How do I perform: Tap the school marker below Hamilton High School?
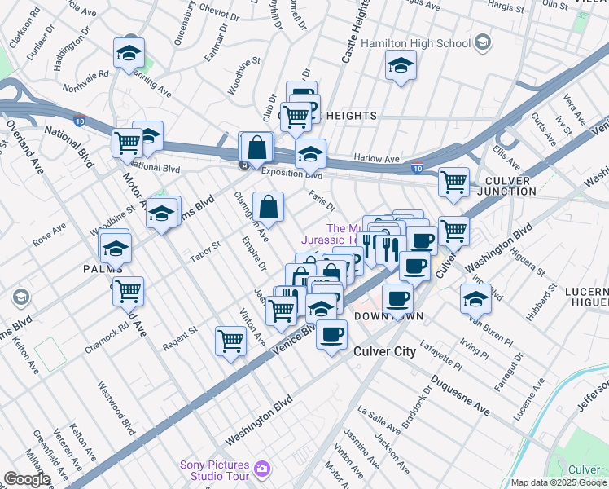click(400, 67)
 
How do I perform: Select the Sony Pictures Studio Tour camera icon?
click(262, 469)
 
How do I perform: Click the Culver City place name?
click(385, 351)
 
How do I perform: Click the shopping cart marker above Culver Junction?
click(453, 183)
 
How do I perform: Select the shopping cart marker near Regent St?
click(231, 341)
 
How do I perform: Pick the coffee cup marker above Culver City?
click(331, 334)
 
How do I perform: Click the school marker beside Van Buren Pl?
click(475, 299)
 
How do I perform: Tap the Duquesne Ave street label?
click(459, 396)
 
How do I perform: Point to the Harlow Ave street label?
click(376, 158)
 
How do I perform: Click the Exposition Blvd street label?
click(291, 174)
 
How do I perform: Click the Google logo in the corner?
click(27, 479)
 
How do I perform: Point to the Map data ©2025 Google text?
click(559, 482)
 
